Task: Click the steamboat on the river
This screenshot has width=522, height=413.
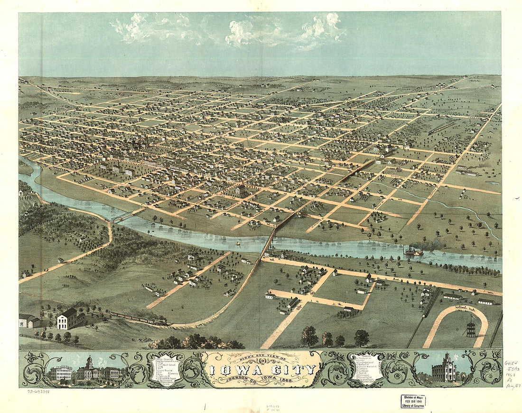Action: (x=413, y=251)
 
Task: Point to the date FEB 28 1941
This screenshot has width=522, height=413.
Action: (x=413, y=402)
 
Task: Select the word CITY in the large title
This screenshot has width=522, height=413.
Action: (x=291, y=369)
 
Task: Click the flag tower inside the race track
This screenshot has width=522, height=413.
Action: (x=470, y=327)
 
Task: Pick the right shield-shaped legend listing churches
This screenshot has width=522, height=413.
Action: (x=365, y=367)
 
